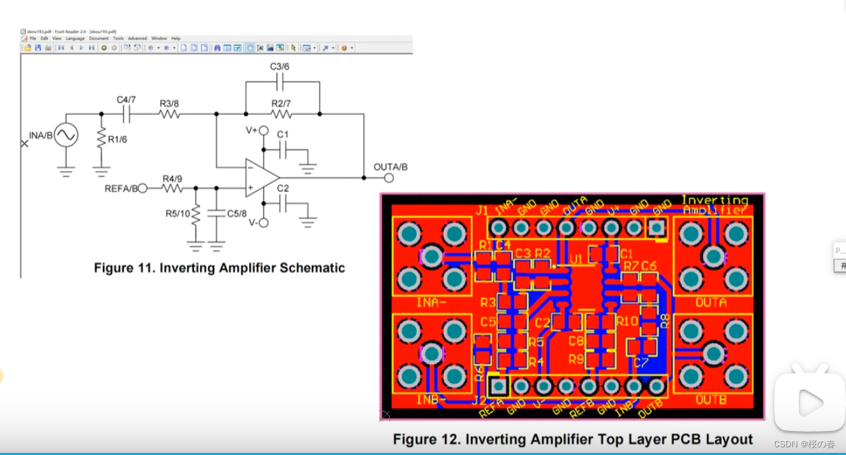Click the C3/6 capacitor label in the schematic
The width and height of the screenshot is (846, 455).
280,66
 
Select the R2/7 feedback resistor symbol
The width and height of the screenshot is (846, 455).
281,114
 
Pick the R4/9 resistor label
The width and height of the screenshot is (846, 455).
172,178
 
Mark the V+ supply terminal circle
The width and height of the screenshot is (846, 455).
263,131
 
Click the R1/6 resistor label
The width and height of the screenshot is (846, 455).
118,140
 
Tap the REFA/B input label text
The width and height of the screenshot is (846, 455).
121,188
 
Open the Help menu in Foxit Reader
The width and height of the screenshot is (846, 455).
176,38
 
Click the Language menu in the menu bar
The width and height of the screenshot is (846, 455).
75,38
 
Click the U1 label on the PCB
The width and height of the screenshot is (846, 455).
577,260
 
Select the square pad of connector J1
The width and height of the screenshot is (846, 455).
657,228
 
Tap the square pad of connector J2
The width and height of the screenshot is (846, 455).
498,386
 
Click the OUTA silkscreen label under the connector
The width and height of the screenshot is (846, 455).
712,302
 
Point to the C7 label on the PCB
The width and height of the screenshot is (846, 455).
640,363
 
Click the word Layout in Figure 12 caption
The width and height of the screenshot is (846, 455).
728,439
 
